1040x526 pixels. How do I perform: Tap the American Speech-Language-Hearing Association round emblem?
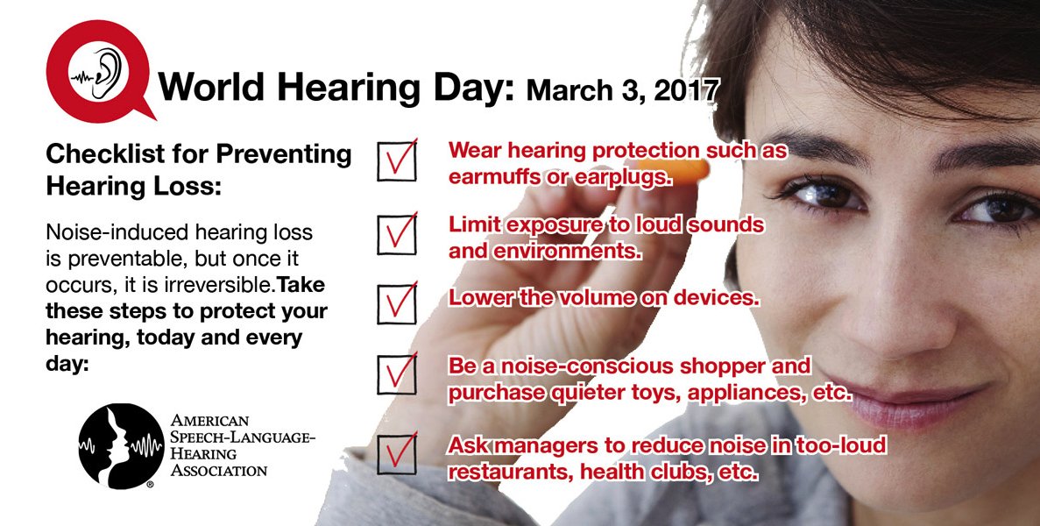point(120,445)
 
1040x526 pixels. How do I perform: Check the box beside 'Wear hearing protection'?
point(397,160)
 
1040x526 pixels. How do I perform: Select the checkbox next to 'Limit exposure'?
point(397,234)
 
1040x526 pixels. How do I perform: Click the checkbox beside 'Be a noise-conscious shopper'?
point(397,373)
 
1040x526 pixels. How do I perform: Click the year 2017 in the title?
point(689,89)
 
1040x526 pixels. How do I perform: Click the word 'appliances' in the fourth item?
point(752,393)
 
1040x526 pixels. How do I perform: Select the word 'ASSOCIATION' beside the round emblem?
point(219,470)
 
